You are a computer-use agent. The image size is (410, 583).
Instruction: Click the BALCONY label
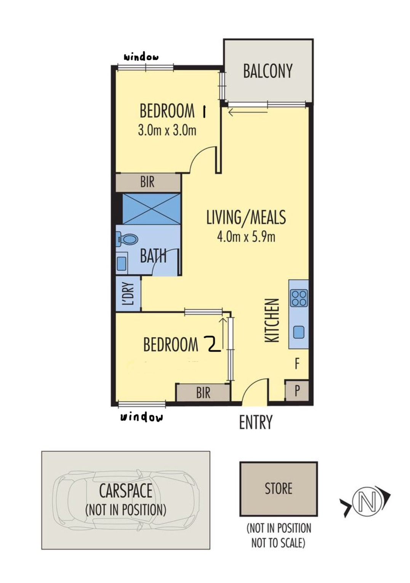click(x=268, y=71)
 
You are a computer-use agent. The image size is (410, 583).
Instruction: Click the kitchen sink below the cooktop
click(x=298, y=332)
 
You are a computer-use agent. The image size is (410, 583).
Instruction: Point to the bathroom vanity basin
click(x=122, y=263)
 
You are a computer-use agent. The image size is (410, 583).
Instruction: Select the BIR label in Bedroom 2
click(x=203, y=393)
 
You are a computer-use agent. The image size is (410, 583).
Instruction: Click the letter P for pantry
click(x=297, y=390)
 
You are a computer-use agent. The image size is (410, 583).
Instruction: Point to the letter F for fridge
click(x=297, y=364)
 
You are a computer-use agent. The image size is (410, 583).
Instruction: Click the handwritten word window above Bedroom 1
click(x=141, y=57)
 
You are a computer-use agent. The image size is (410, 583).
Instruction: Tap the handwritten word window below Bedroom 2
click(x=141, y=417)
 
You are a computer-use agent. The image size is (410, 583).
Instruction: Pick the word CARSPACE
click(x=125, y=491)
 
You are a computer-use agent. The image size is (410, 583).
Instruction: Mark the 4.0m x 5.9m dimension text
click(x=246, y=237)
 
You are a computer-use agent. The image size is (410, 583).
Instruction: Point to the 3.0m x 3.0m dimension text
click(x=167, y=130)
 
